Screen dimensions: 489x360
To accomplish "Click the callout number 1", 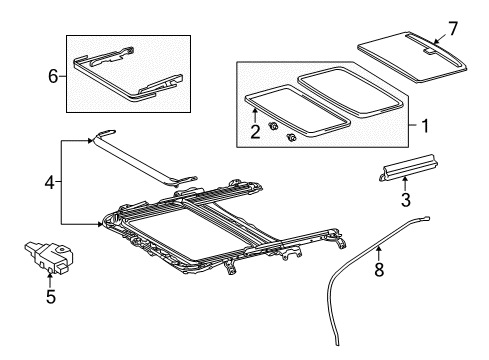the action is click(x=425, y=126).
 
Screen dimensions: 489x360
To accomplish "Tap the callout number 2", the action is click(x=255, y=131).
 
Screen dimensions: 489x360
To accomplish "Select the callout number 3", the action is click(x=405, y=200).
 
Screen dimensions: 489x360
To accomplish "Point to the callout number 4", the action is click(x=49, y=182).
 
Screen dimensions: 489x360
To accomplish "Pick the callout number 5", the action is click(x=51, y=296).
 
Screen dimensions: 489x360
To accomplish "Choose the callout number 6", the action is click(x=53, y=76).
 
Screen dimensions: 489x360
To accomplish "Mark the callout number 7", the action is click(x=453, y=28).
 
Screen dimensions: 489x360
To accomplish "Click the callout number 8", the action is click(x=379, y=269).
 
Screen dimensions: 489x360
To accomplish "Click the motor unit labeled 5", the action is click(x=49, y=256).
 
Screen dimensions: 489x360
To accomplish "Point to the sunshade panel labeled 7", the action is click(x=412, y=57).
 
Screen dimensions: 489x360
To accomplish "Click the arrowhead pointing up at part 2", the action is click(x=255, y=111).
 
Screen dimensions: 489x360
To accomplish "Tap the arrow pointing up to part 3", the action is click(x=405, y=184).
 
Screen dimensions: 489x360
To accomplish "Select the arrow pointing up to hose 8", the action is click(x=379, y=253).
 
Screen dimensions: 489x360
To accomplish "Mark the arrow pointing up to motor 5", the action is click(x=50, y=280).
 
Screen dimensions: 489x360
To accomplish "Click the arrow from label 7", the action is click(x=441, y=38).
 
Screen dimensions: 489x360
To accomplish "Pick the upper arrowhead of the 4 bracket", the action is click(x=90, y=141).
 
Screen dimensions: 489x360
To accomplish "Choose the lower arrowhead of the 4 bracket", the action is click(x=100, y=224).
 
